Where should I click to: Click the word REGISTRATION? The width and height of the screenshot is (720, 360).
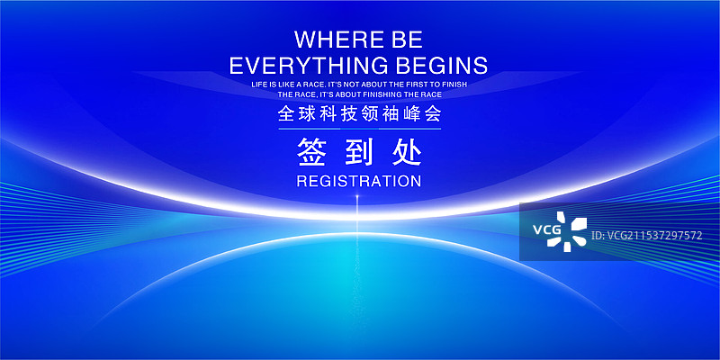pyautogui.click(x=359, y=181)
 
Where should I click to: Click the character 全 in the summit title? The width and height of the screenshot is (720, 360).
pyautogui.click(x=286, y=115)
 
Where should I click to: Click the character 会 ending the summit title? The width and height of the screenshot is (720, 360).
pyautogui.click(x=432, y=115)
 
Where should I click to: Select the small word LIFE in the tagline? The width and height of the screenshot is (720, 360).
pyautogui.click(x=260, y=84)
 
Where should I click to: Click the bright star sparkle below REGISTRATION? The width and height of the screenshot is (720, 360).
pyautogui.click(x=357, y=197)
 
